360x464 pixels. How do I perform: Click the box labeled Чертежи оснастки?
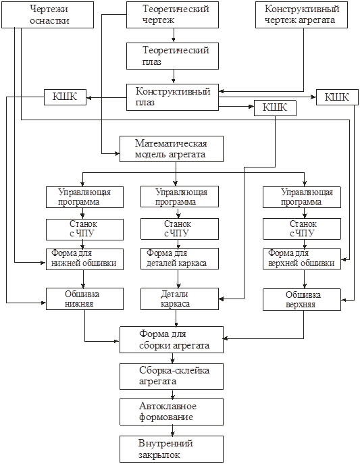click(48, 15)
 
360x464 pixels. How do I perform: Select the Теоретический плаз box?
click(172, 56)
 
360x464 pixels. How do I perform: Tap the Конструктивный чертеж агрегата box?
click(301, 15)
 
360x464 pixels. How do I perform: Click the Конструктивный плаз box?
click(172, 97)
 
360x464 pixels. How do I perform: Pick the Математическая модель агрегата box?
click(172, 149)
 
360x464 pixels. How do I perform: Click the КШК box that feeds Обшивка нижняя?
click(65, 97)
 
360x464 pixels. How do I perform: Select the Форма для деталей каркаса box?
click(180, 259)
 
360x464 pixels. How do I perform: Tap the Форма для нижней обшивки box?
click(84, 259)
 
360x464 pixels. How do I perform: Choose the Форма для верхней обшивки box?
click(302, 259)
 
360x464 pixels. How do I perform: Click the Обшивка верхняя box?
click(302, 300)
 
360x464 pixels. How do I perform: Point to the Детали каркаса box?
click(180, 299)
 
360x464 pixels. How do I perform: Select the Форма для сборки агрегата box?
click(172, 340)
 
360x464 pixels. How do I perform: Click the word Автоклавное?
click(168, 406)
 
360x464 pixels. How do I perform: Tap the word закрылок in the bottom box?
click(159, 455)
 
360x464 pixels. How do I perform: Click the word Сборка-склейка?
click(174, 370)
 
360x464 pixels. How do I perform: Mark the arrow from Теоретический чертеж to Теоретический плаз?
click(174, 36)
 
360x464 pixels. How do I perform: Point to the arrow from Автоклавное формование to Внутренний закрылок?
click(172, 430)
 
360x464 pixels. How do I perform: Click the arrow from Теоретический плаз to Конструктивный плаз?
click(174, 76)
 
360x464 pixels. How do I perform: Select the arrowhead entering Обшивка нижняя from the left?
click(44, 303)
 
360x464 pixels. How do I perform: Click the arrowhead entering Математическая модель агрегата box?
click(117, 153)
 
